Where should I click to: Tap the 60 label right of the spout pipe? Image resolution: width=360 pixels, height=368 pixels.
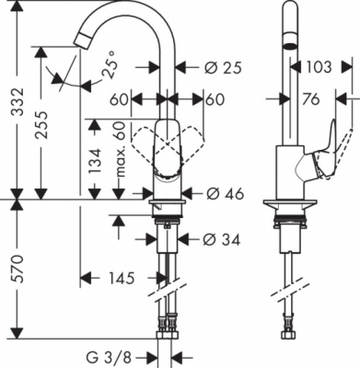(x=215, y=98)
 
